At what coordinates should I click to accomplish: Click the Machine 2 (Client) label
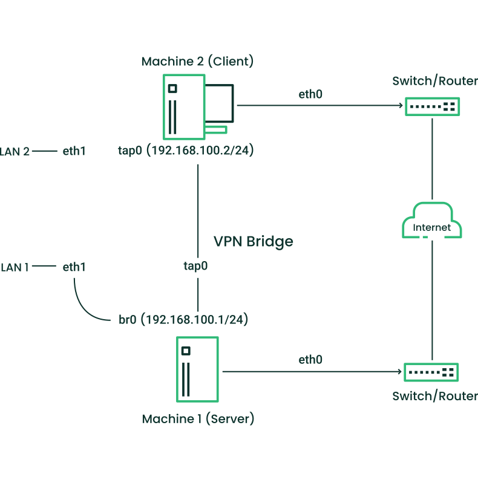pyautogui.click(x=197, y=61)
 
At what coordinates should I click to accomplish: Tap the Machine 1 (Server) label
pyautogui.click(x=198, y=418)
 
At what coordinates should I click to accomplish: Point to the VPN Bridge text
pyautogui.click(x=254, y=241)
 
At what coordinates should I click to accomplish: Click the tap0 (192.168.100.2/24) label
pyautogui.click(x=185, y=151)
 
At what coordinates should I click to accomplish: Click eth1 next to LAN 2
pyautogui.click(x=74, y=151)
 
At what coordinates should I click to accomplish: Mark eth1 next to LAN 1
pyautogui.click(x=74, y=266)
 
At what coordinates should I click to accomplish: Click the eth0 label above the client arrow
pyautogui.click(x=310, y=94)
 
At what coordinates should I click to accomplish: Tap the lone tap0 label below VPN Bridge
pyautogui.click(x=196, y=265)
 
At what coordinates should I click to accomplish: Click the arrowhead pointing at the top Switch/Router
pyautogui.click(x=400, y=106)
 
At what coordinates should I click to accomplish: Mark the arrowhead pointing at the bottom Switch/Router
pyautogui.click(x=400, y=372)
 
